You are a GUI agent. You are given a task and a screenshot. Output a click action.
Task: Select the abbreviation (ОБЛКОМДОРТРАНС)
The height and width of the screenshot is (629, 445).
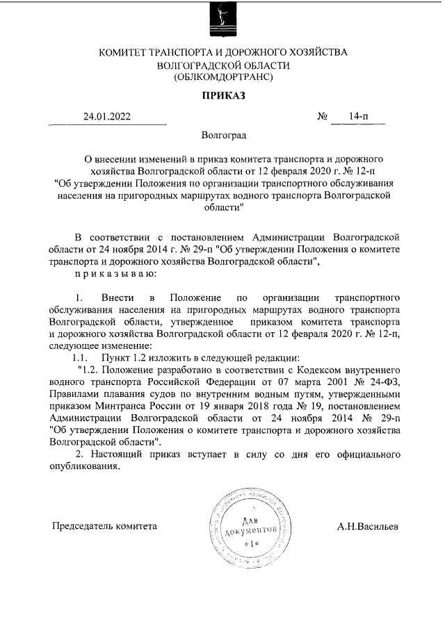(223, 77)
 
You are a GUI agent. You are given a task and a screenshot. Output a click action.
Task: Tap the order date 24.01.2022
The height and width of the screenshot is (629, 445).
(106, 117)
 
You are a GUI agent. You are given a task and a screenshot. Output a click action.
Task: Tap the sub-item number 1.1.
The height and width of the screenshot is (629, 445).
(80, 357)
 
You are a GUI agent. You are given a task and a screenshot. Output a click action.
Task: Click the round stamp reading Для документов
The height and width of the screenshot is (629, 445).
(250, 527)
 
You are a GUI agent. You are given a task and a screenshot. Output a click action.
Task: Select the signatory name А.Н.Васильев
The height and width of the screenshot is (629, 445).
(368, 526)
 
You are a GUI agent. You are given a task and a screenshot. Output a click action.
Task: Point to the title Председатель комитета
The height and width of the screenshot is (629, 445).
(105, 526)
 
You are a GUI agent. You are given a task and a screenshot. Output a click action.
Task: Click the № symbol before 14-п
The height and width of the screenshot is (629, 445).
(323, 117)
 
